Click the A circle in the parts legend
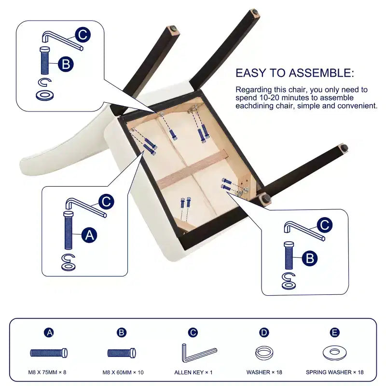point(50,332)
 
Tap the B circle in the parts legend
point(122,332)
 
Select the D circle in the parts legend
point(264,332)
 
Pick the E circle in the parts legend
point(334,332)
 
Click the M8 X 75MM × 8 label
point(47,372)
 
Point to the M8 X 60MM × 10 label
point(123,372)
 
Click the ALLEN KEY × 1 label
point(193,372)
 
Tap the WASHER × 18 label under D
point(264,372)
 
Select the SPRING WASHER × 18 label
point(335,372)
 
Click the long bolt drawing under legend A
point(49,353)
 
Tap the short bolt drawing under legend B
point(122,353)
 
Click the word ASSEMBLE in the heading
point(321,73)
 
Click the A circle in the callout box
point(89,235)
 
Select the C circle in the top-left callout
point(83,35)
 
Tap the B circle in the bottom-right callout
point(310,258)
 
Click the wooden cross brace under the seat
point(193,170)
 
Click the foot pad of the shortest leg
point(266,198)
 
